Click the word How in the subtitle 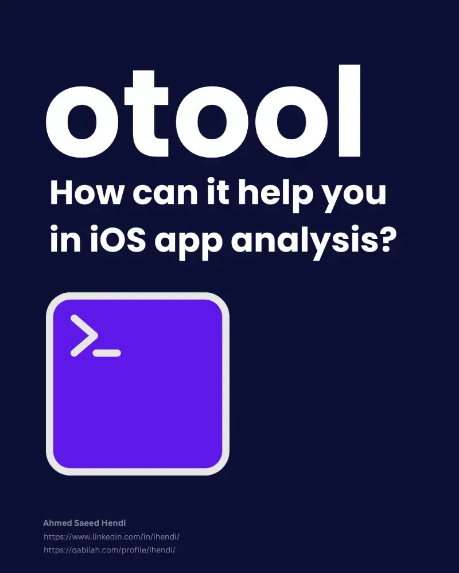(x=85, y=194)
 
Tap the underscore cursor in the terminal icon (x=107, y=353)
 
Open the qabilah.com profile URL (x=109, y=550)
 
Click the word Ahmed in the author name (x=56, y=523)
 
